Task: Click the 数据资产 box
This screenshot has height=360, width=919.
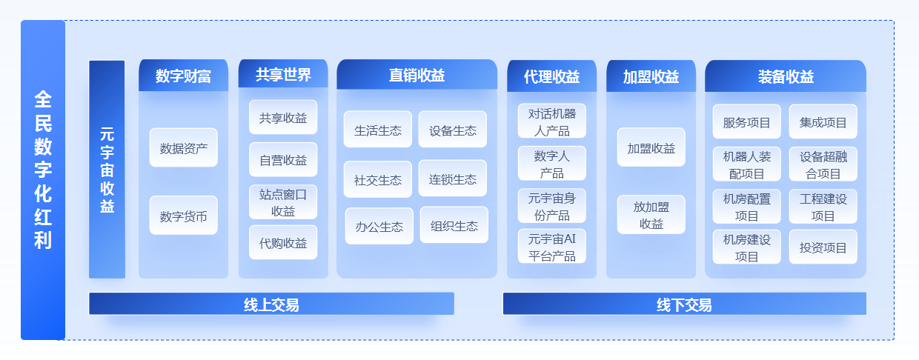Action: [183, 147]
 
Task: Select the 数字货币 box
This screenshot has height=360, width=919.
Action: [183, 216]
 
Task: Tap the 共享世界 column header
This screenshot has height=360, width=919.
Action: [283, 74]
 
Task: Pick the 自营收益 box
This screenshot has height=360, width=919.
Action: [283, 159]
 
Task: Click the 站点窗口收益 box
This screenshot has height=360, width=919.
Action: [283, 202]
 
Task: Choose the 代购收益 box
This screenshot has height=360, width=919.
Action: [283, 243]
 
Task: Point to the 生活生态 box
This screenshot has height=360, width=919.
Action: [378, 130]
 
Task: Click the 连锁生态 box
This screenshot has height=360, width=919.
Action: [453, 179]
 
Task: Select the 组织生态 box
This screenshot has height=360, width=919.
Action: [454, 225]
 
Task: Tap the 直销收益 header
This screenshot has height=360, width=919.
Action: [417, 75]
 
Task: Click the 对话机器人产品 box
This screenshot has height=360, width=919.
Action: [552, 121]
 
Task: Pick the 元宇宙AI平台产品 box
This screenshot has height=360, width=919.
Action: [552, 246]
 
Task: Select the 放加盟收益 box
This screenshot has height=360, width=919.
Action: [651, 215]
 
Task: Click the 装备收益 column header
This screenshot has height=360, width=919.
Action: [786, 76]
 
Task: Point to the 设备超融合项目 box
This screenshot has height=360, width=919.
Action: [823, 164]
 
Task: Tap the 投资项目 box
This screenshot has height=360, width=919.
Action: [823, 247]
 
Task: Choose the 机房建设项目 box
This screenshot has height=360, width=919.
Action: [747, 247]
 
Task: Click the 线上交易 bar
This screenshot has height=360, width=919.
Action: [271, 304]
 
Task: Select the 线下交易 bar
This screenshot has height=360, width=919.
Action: [684, 304]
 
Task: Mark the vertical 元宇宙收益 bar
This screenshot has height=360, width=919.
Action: [107, 170]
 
